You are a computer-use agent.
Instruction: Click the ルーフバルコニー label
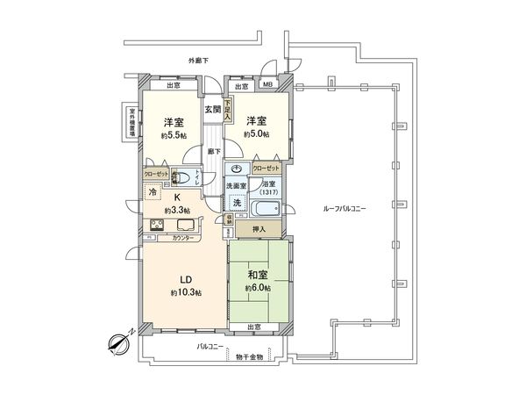(x=344, y=210)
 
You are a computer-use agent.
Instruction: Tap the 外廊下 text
(x=199, y=61)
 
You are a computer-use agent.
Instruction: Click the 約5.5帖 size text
(x=172, y=136)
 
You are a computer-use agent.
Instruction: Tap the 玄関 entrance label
(x=213, y=110)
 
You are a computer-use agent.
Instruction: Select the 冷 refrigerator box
(x=152, y=193)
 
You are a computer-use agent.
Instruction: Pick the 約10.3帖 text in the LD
(x=185, y=291)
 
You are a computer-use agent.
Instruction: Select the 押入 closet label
(x=259, y=227)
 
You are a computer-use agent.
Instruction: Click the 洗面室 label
(x=236, y=185)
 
